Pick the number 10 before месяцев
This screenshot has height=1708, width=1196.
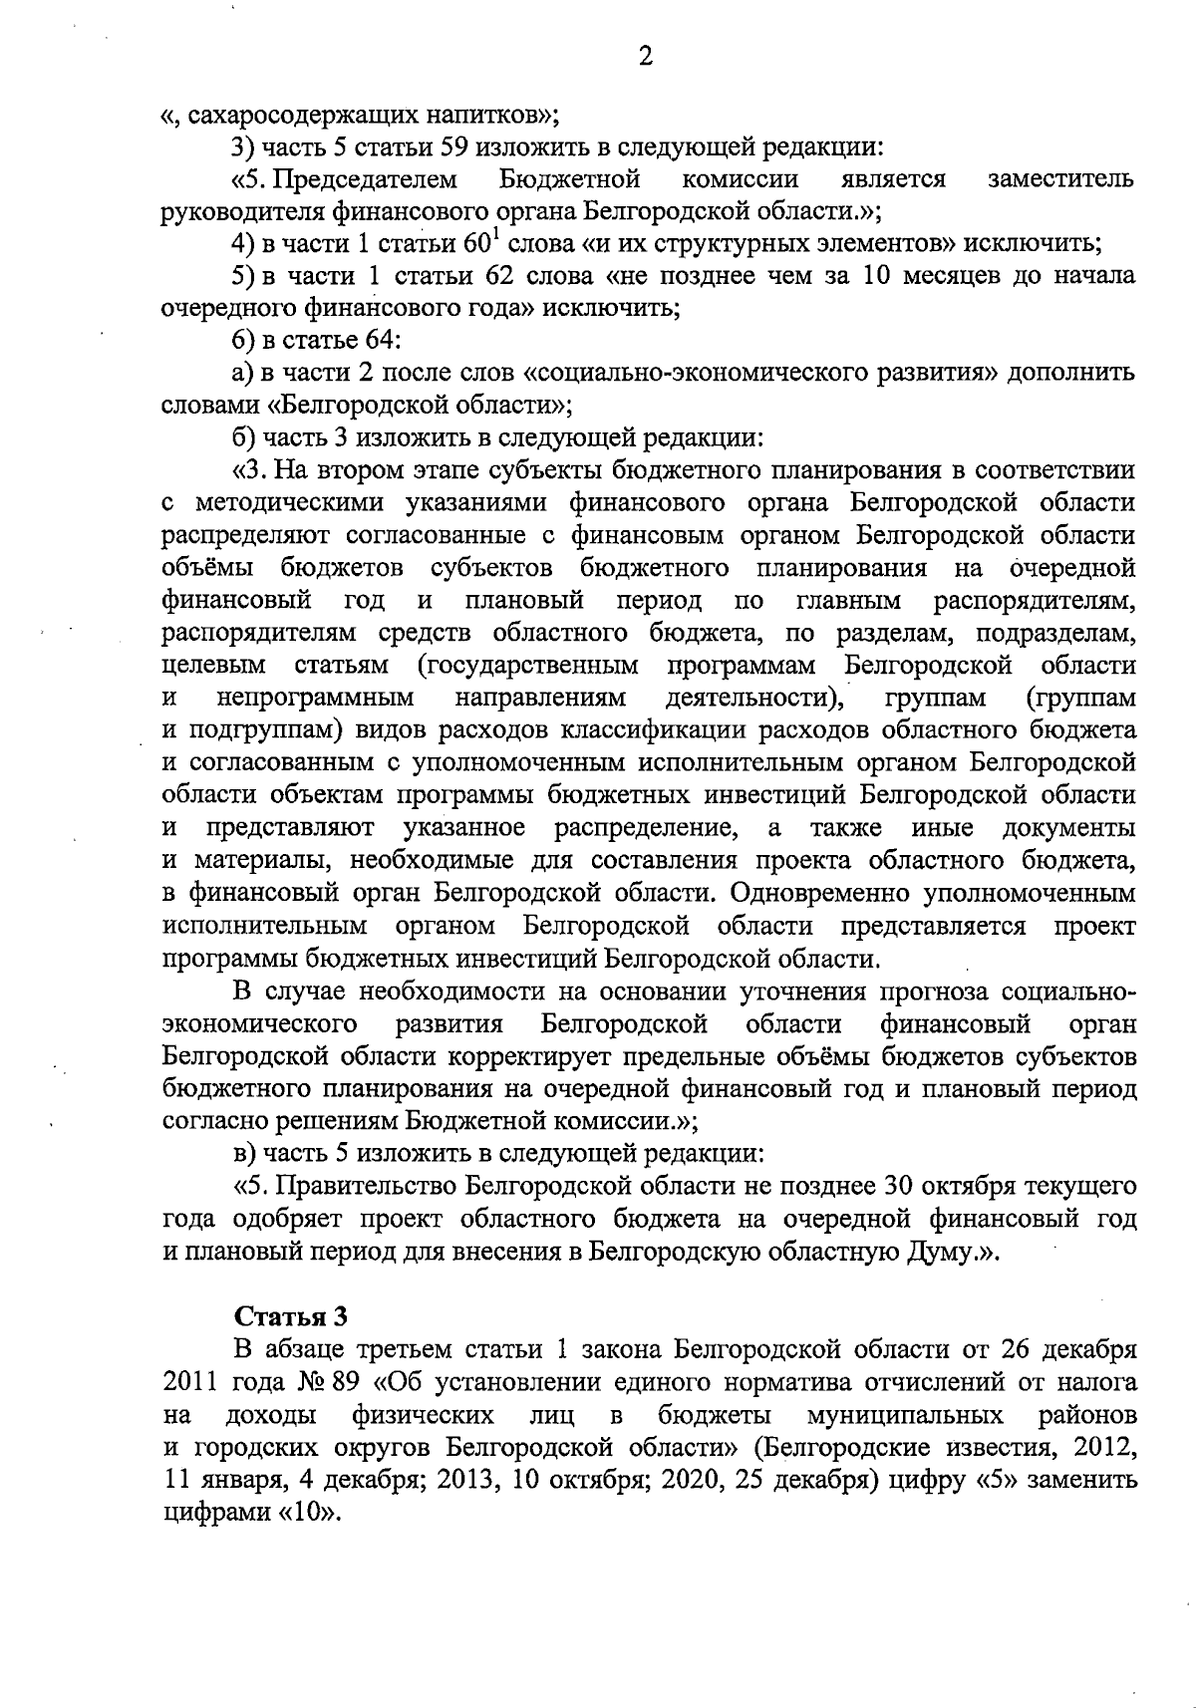click(881, 276)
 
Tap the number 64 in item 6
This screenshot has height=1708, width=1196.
click(383, 341)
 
